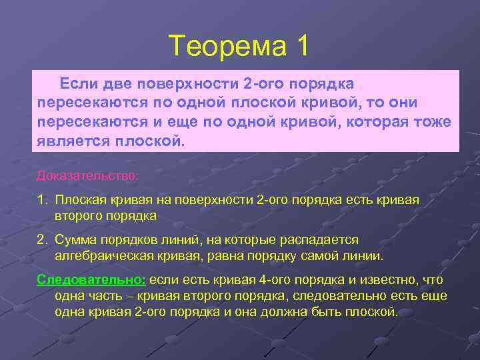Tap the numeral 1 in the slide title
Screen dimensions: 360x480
(x=302, y=46)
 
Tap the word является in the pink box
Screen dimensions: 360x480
(x=73, y=142)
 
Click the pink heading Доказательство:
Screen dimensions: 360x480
(x=88, y=175)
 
